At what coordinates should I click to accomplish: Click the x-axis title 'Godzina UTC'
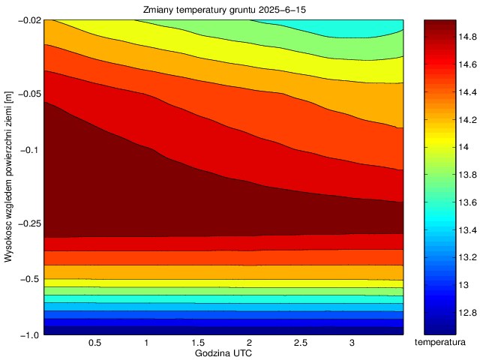pos(223,352)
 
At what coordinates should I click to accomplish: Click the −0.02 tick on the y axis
pos(28,20)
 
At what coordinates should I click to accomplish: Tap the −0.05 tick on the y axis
pos(28,94)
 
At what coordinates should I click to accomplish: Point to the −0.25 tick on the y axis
pos(28,224)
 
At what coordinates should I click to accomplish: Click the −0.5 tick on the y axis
pos(30,280)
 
